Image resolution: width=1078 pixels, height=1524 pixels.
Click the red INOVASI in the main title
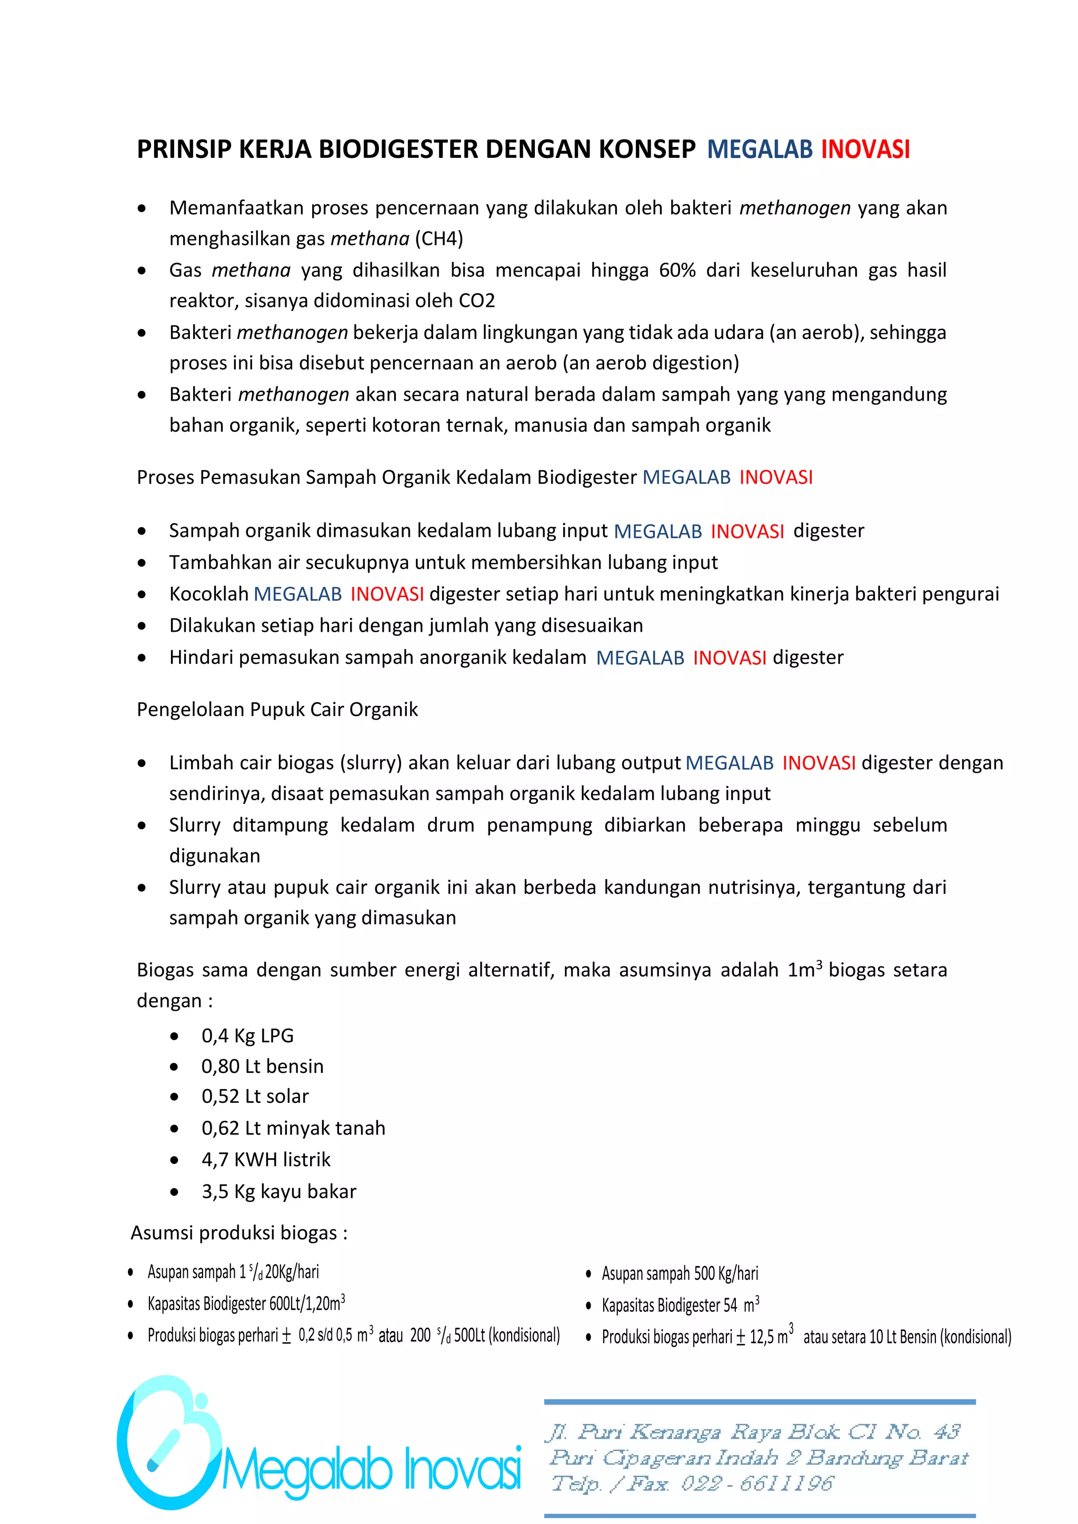pos(865,150)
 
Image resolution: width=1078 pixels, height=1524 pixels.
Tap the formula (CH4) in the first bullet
pos(439,239)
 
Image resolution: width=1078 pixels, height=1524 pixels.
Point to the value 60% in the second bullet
pos(677,270)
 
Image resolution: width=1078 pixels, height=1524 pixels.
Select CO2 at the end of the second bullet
pos(476,301)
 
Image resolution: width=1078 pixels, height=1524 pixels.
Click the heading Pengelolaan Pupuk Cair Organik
pos(277,710)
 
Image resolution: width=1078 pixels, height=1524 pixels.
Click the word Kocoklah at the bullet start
pos(208,594)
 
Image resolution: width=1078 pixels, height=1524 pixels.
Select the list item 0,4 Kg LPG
pos(247,1036)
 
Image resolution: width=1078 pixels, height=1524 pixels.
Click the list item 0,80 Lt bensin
pos(262,1067)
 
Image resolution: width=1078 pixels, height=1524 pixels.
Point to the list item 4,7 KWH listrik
pos(265,1160)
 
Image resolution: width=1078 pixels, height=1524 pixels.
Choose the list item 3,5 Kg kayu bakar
pos(279,1191)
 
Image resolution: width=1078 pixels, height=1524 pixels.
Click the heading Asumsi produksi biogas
pos(239,1233)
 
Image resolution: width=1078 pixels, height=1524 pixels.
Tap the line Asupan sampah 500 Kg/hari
pos(679,1274)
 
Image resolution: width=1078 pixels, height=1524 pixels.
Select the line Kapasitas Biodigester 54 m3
pos(680,1305)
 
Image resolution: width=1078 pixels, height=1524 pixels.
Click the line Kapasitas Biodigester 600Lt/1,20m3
pos(246,1303)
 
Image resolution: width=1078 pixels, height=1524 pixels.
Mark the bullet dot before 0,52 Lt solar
pos(174,1097)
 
